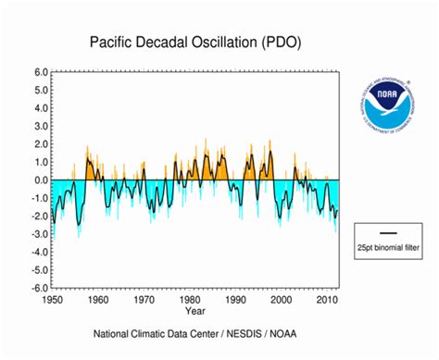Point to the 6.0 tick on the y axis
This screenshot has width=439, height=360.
pos(35,71)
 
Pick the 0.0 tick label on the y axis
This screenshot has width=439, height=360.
pos(35,180)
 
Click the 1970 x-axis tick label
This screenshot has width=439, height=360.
pos(144,300)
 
